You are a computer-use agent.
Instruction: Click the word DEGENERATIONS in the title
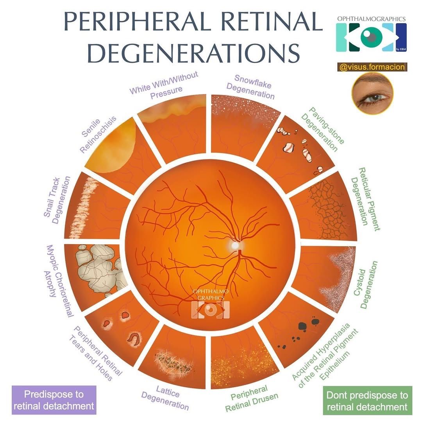point(193,53)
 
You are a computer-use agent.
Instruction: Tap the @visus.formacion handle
point(372,67)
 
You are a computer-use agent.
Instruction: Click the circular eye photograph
point(372,94)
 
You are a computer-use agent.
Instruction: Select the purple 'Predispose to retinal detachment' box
point(54,400)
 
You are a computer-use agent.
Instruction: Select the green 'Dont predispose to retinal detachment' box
point(367,401)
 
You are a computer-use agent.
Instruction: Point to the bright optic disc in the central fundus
point(235,245)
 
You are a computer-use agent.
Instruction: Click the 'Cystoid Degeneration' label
point(365,285)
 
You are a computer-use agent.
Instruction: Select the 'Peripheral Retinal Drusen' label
point(252,398)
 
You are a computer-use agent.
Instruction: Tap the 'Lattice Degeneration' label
point(166,397)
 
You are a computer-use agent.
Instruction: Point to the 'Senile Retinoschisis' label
point(98,134)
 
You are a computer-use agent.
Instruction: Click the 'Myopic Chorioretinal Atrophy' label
point(58,281)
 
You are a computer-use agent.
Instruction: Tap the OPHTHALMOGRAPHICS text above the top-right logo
point(371,19)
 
